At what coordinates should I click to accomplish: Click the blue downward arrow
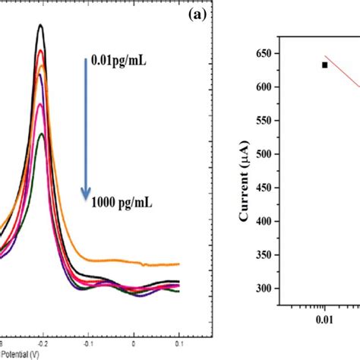(x=85, y=129)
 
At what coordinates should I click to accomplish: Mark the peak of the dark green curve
(x=42, y=134)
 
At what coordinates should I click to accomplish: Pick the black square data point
(x=324, y=65)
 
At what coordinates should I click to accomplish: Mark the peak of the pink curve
(x=41, y=103)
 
